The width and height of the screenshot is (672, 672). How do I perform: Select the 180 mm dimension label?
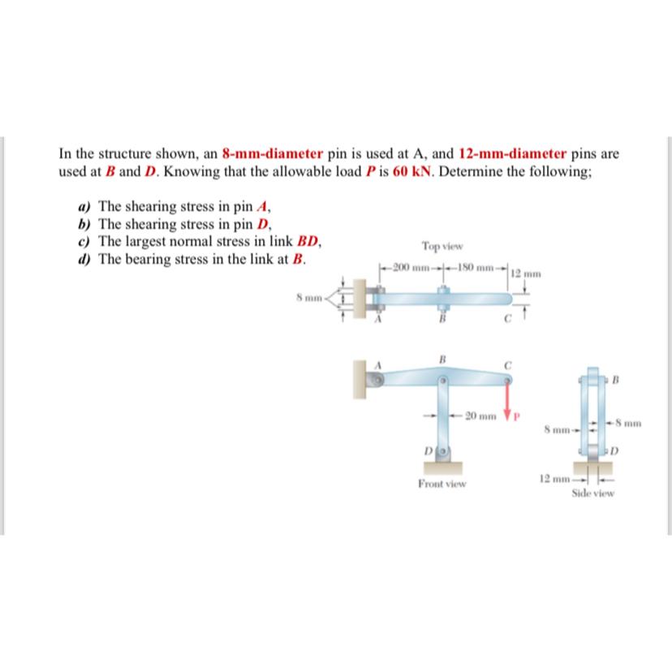pyautogui.click(x=474, y=269)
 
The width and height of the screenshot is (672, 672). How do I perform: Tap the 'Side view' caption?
pyautogui.click(x=593, y=493)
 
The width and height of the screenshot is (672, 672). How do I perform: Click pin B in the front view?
pyautogui.click(x=443, y=379)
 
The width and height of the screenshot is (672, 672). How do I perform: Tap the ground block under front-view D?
pyautogui.click(x=443, y=468)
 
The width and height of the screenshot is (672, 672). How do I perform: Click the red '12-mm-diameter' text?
pyautogui.click(x=514, y=153)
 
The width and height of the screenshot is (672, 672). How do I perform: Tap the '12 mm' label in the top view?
pyautogui.click(x=524, y=274)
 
